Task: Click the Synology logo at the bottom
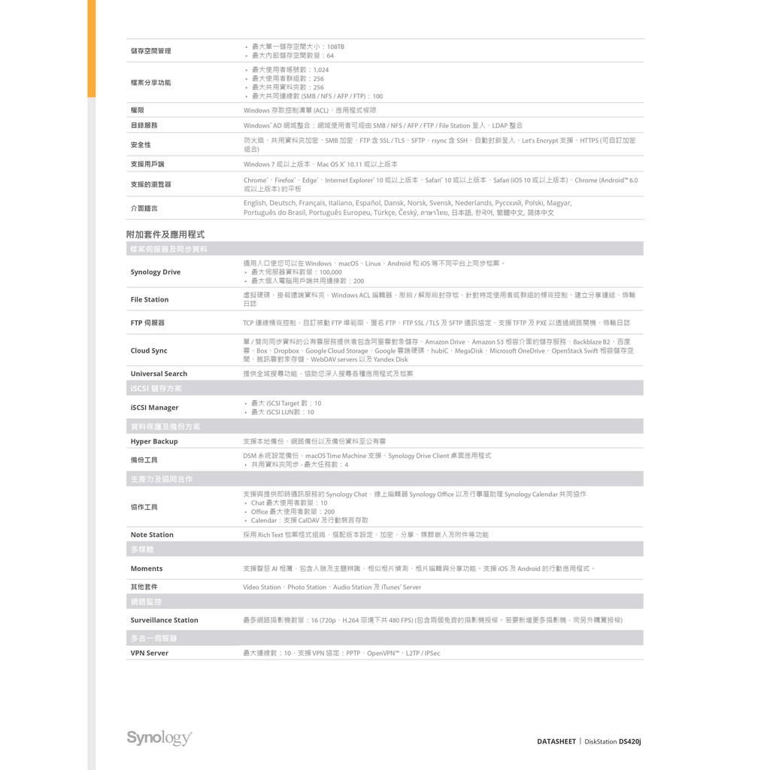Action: click(x=159, y=738)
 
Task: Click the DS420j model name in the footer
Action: click(x=629, y=741)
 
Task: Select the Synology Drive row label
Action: click(x=156, y=272)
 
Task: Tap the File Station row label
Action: click(x=150, y=299)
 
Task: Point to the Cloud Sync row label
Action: click(x=149, y=350)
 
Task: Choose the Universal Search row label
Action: click(x=159, y=374)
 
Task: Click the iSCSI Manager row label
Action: click(x=154, y=408)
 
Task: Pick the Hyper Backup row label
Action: click(x=154, y=441)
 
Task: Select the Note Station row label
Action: click(x=152, y=535)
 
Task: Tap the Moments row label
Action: click(x=147, y=568)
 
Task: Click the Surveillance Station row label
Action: click(x=164, y=620)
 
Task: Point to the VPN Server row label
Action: click(x=150, y=653)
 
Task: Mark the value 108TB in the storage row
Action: click(x=335, y=47)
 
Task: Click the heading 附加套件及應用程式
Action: click(x=165, y=235)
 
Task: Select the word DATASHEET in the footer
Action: click(x=556, y=741)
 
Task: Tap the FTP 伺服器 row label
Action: click(x=147, y=323)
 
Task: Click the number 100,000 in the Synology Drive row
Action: click(x=330, y=272)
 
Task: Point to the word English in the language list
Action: click(x=255, y=203)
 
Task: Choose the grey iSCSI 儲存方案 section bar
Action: click(x=384, y=389)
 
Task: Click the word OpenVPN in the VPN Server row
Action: click(x=383, y=653)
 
